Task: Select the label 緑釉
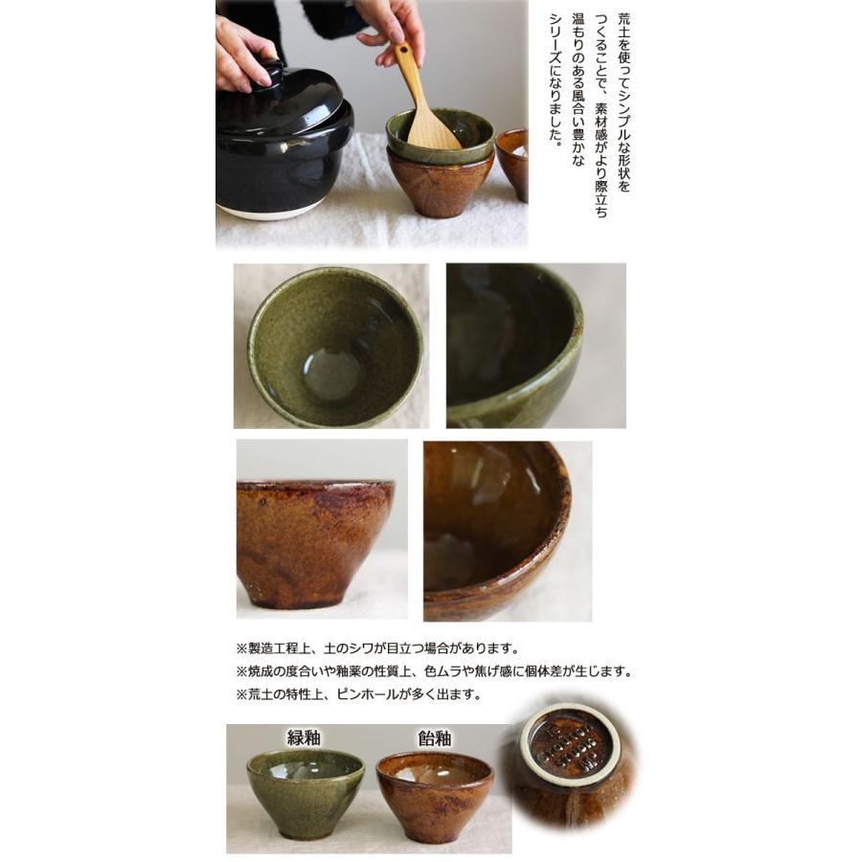click(x=304, y=737)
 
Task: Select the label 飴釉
click(x=434, y=738)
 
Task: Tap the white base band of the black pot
click(x=268, y=211)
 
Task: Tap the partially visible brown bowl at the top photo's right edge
click(x=512, y=164)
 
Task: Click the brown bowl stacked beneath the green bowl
click(x=440, y=181)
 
